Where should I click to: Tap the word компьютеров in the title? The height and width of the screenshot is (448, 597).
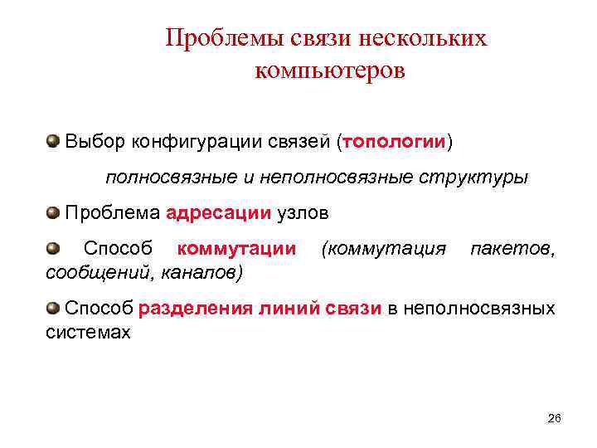(x=330, y=71)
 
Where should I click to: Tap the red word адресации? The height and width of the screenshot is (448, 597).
(x=218, y=213)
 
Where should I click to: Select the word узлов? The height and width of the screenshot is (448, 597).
(x=303, y=213)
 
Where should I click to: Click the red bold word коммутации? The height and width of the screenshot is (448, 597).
(x=237, y=249)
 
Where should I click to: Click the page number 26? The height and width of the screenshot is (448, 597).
(x=555, y=418)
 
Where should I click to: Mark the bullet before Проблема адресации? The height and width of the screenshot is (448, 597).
(x=54, y=212)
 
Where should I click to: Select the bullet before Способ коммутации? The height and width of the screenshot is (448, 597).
(x=54, y=247)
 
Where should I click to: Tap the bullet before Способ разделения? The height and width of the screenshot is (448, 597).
(x=54, y=308)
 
